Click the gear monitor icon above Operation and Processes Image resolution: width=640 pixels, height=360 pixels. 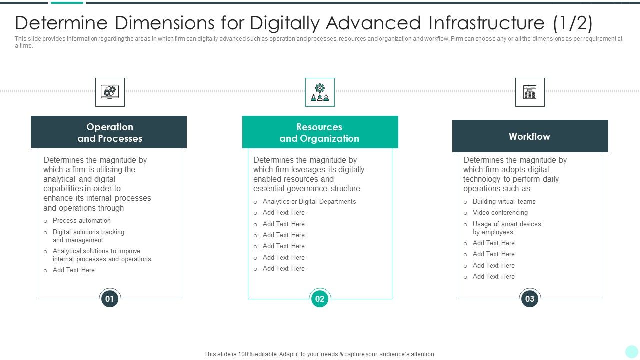[x=110, y=92]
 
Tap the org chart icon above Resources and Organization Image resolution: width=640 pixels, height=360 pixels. [x=320, y=92]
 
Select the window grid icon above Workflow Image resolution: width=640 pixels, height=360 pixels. [x=530, y=92]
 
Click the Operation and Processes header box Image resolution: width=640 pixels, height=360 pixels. [x=109, y=132]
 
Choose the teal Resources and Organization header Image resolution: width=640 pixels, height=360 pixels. [x=320, y=132]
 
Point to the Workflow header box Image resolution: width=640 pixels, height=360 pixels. [x=530, y=136]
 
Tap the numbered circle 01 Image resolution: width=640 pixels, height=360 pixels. [x=110, y=299]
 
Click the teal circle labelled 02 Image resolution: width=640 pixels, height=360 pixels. [x=320, y=299]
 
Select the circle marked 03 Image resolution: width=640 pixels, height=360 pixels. [x=530, y=299]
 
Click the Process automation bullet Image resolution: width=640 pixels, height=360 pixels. [x=82, y=221]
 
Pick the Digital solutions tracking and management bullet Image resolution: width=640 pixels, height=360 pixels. [x=88, y=236]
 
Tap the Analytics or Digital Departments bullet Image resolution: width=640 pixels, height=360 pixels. [x=309, y=202]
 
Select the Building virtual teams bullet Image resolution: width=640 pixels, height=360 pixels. [x=504, y=202]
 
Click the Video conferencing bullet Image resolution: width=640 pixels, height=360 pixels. [x=500, y=213]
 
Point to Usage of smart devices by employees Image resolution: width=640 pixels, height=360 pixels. [x=507, y=228]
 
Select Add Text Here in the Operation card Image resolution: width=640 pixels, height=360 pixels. [x=74, y=270]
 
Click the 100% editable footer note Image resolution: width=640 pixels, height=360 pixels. [x=320, y=354]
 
